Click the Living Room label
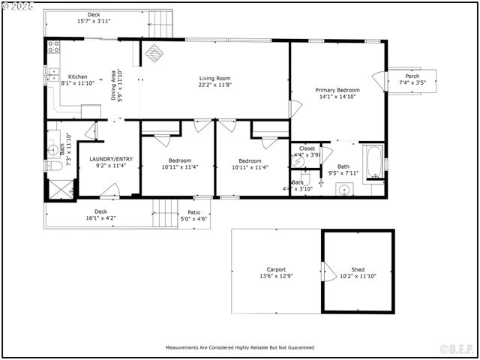click(x=214, y=79)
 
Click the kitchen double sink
click(x=54, y=73)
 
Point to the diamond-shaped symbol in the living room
click(x=154, y=52)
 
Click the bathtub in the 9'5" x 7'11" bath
click(x=373, y=160)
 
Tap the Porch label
click(x=412, y=76)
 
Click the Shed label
click(x=358, y=269)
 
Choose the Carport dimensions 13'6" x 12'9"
click(x=276, y=276)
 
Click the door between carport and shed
click(x=324, y=271)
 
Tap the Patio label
click(x=193, y=212)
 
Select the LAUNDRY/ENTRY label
click(x=110, y=159)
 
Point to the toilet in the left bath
click(x=55, y=168)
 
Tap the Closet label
click(x=307, y=148)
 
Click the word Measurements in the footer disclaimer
click(x=184, y=348)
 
